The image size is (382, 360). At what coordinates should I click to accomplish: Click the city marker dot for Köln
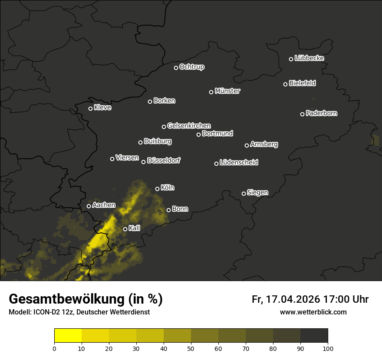157,189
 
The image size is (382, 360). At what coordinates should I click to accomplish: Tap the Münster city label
227,91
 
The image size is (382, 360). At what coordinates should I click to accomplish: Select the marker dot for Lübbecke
291,59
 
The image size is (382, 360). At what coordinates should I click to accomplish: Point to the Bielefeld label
302,83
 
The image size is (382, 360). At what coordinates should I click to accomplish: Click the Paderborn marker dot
302,114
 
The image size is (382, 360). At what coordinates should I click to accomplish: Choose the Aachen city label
104,205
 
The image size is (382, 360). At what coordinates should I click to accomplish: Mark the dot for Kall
125,229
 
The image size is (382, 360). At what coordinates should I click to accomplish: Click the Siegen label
257,193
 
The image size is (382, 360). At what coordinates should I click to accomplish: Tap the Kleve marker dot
90,108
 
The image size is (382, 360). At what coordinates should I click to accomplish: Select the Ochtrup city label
192,67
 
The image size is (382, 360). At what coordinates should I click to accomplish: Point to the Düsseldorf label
164,161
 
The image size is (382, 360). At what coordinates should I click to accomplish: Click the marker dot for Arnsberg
247,145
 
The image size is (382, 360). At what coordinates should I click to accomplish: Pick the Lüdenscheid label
239,163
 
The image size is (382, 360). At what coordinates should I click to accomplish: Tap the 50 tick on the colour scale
191,348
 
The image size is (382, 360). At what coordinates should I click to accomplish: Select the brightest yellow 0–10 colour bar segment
68,336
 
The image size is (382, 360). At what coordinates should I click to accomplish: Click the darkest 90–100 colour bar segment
314,336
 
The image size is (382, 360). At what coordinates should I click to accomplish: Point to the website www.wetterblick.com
313,312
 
